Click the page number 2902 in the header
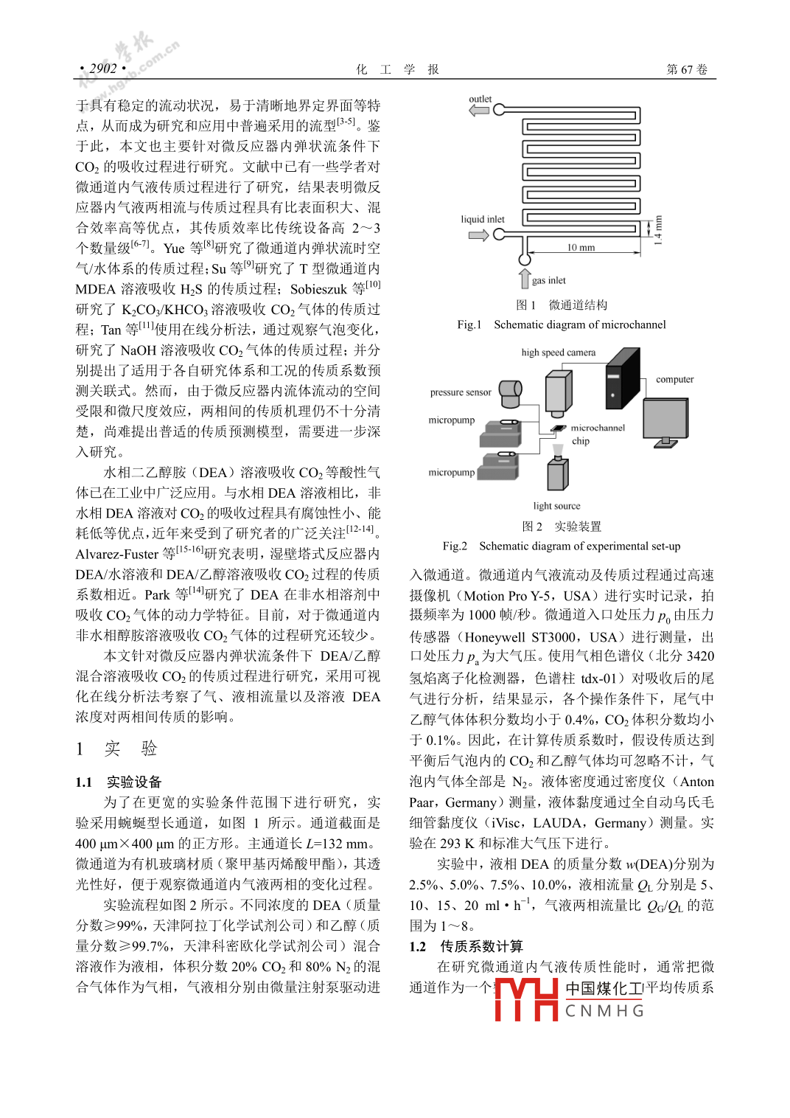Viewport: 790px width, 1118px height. [x=103, y=69]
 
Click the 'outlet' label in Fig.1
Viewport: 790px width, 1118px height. [x=480, y=99]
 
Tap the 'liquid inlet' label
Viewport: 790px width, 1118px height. [x=483, y=219]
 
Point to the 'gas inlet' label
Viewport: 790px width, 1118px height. [x=549, y=280]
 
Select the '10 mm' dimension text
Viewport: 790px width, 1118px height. [x=581, y=247]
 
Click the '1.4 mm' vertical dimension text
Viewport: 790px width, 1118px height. [x=658, y=230]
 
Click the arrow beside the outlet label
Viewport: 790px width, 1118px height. [x=479, y=111]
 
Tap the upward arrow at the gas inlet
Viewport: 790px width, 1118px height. [x=525, y=279]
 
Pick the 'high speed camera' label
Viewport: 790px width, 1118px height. [x=558, y=353]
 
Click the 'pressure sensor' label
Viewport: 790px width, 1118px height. [x=461, y=392]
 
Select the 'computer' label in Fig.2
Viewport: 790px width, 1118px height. [x=674, y=379]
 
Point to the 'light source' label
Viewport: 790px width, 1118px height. [x=556, y=506]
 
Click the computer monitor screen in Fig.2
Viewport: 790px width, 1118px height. [x=665, y=418]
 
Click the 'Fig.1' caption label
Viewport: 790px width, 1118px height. [x=469, y=324]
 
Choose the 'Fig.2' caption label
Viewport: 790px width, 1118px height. [x=455, y=546]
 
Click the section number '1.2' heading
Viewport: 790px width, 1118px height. [x=418, y=946]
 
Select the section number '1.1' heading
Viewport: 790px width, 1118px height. [x=84, y=782]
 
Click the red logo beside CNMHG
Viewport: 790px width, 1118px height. [x=526, y=999]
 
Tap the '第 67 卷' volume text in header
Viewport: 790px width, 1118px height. [x=687, y=69]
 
